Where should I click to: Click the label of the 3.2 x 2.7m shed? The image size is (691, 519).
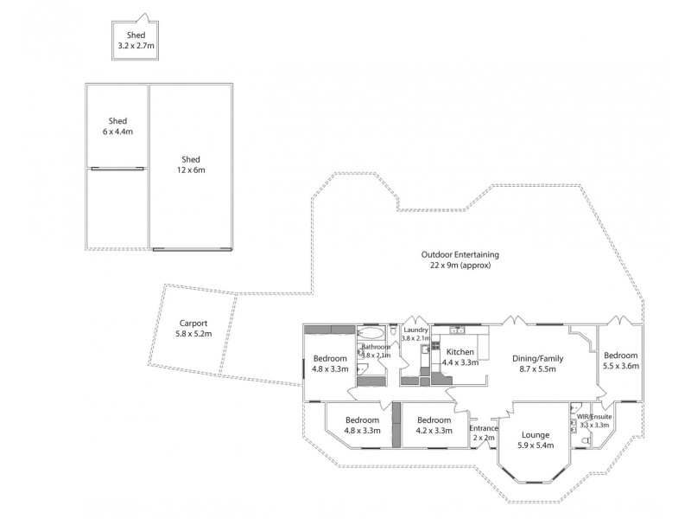tap(135, 40)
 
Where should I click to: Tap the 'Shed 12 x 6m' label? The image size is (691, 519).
tap(191, 164)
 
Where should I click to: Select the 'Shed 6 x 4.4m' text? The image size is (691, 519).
tap(117, 126)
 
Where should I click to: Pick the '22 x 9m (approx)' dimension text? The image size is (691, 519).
tap(460, 266)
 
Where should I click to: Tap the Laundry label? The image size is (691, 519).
tap(416, 330)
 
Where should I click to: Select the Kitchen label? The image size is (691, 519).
tap(460, 352)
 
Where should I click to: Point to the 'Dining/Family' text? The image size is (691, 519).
tap(536, 357)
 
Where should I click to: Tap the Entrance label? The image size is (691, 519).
tap(484, 428)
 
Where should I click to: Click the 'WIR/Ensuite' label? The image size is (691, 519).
tap(594, 416)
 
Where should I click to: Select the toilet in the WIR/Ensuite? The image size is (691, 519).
tap(586, 442)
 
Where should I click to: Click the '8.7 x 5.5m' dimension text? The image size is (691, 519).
tap(536, 368)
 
